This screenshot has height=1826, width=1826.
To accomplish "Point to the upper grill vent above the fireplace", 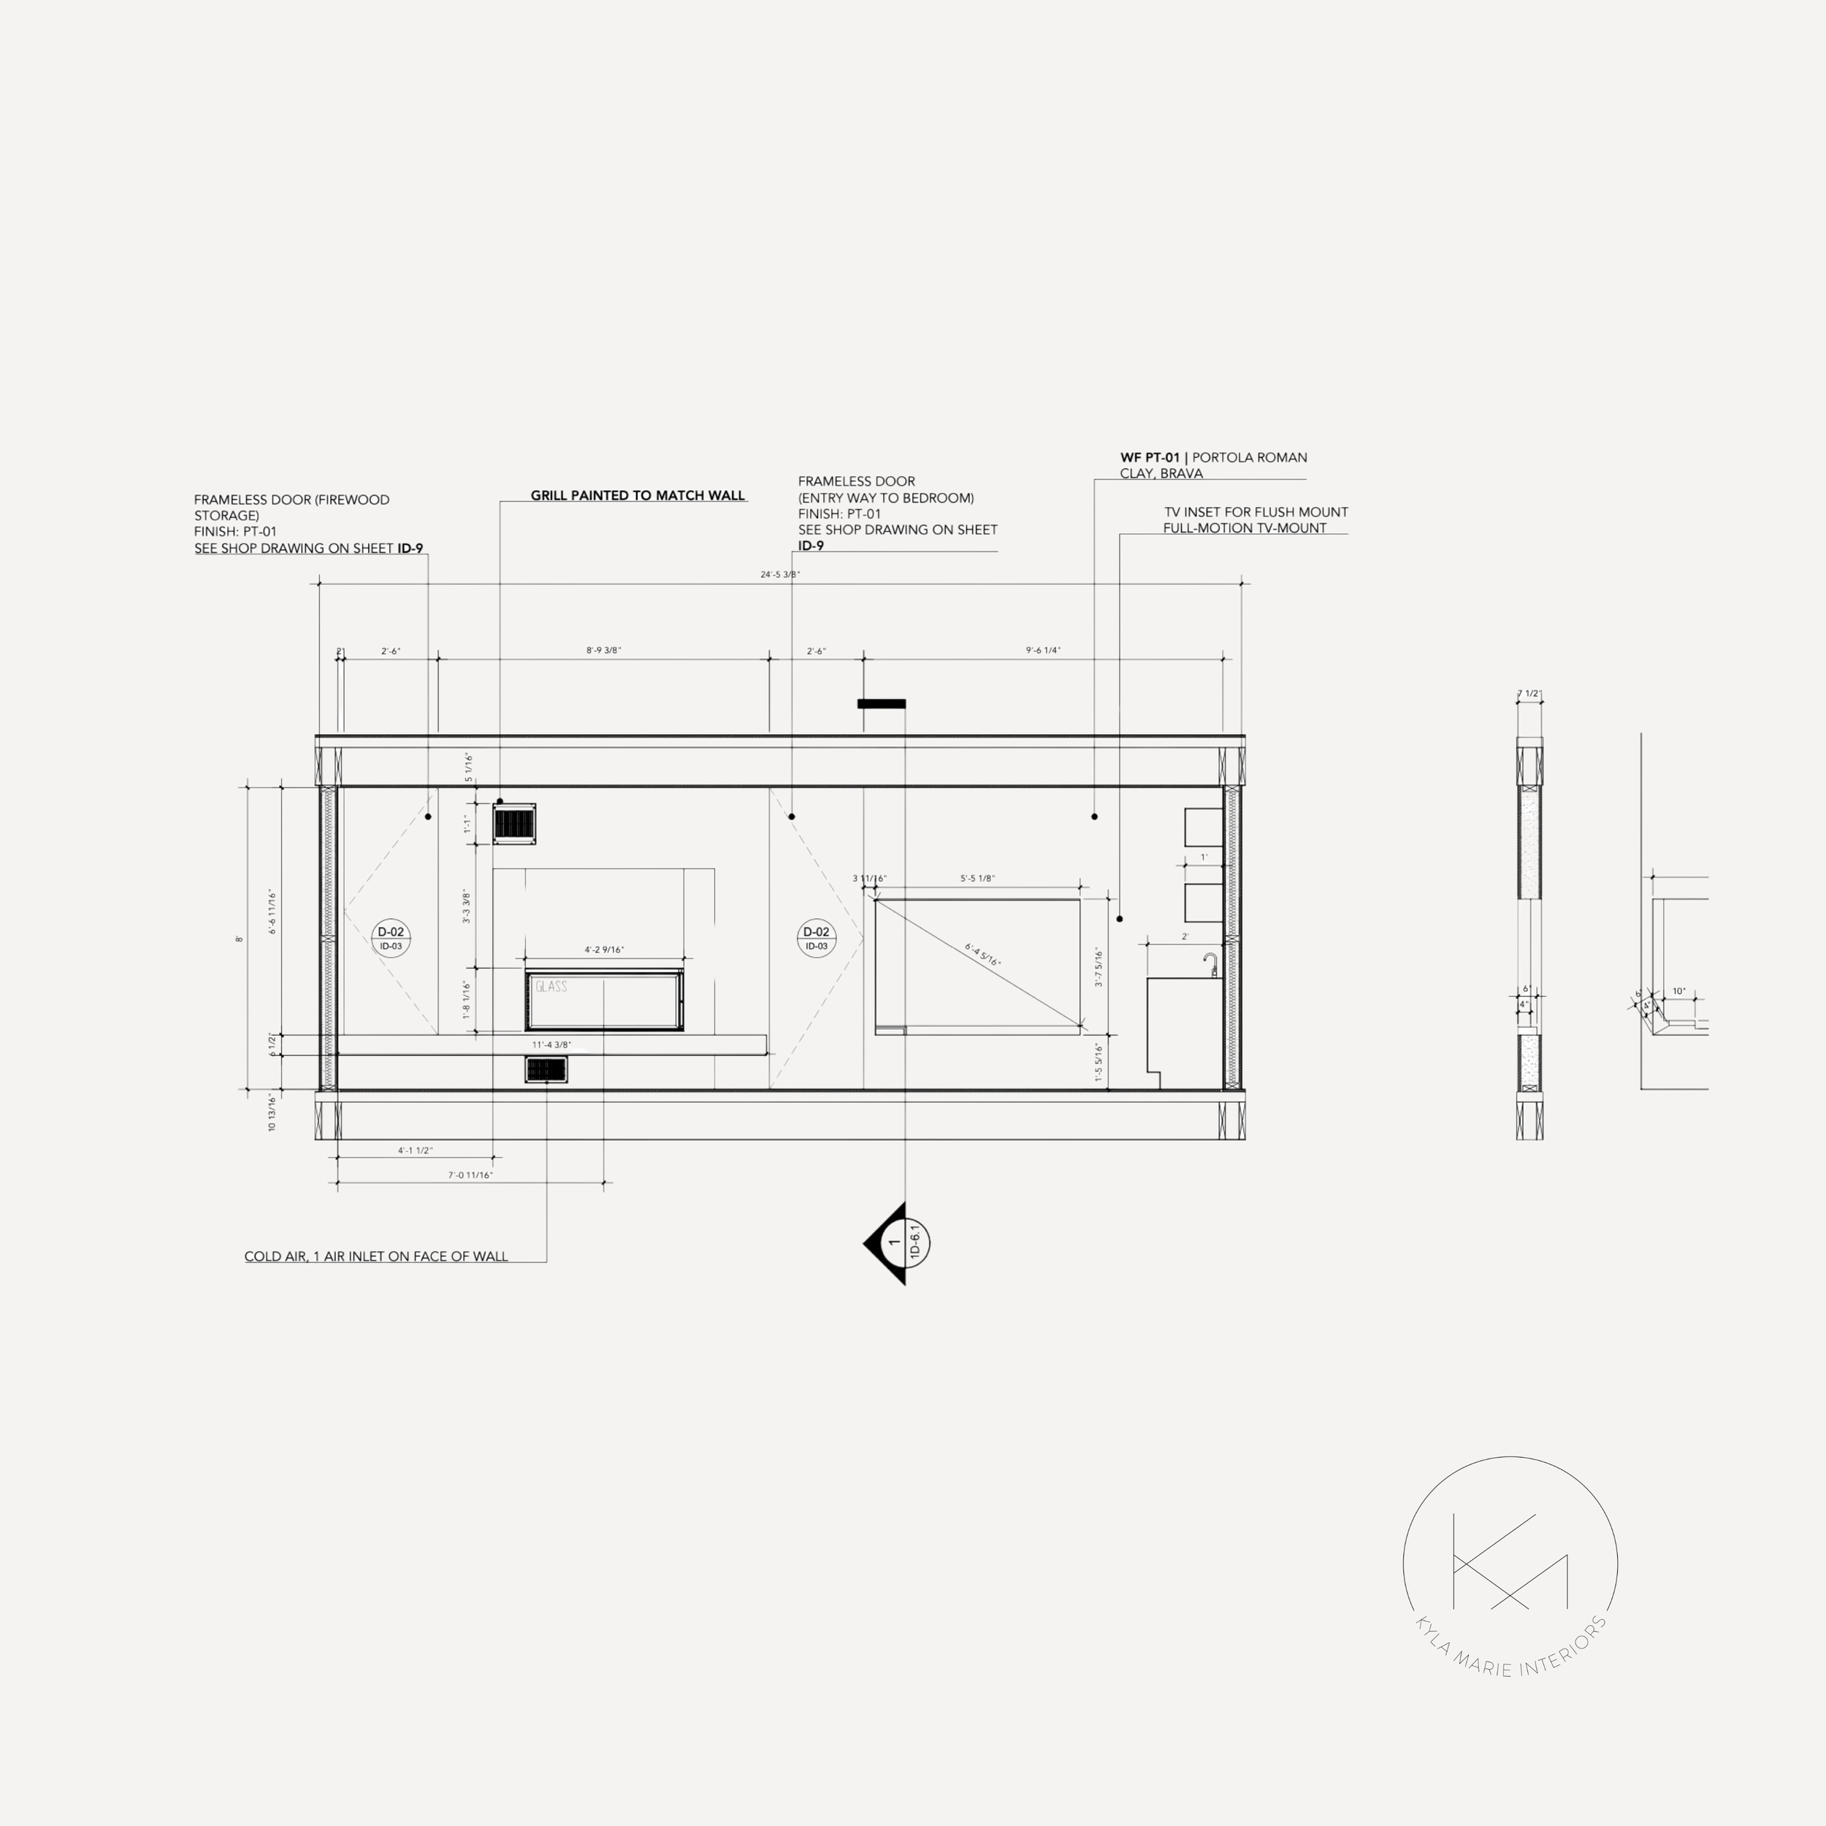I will click(514, 823).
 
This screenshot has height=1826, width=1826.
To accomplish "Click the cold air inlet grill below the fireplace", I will click(546, 1070).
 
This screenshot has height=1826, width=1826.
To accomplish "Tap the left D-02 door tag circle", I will click(390, 938).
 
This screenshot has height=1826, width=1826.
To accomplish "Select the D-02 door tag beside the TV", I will click(816, 938).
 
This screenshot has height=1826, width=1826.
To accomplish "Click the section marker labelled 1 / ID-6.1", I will click(900, 1244).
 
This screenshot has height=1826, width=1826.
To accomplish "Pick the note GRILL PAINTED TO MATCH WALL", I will click(637, 495).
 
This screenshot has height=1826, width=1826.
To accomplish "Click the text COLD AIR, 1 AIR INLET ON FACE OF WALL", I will click(376, 1257).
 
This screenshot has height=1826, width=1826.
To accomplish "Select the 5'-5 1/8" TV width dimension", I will click(977, 879).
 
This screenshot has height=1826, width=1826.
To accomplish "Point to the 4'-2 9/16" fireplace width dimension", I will click(604, 950).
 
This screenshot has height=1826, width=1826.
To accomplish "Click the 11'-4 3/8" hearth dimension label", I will click(551, 1045).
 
